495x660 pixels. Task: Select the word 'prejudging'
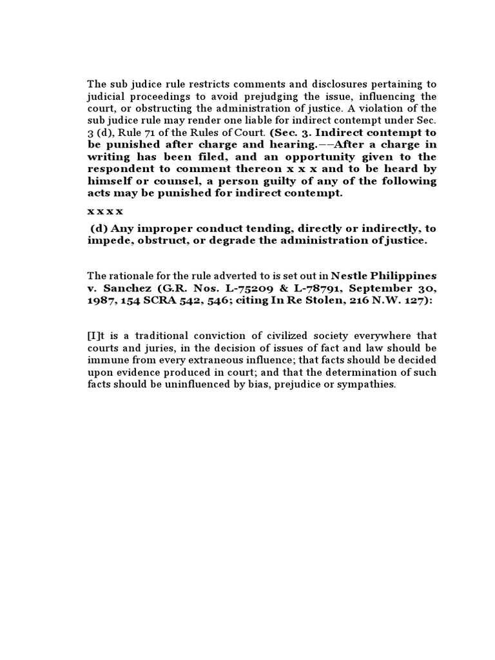tap(254, 96)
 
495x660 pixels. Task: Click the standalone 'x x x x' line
tap(104, 211)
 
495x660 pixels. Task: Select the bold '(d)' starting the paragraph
tap(99, 229)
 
